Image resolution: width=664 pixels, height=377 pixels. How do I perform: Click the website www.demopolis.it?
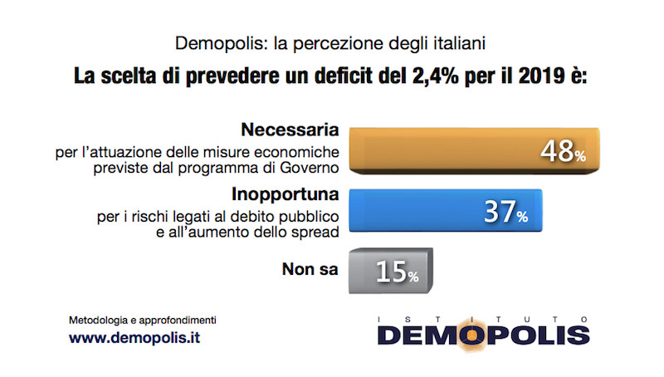[x=134, y=339]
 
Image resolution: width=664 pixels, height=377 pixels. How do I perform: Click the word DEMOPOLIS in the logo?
[x=484, y=335]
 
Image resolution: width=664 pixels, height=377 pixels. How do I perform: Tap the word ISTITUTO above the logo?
[x=484, y=317]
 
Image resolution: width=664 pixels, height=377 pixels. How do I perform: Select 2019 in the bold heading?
[x=540, y=78]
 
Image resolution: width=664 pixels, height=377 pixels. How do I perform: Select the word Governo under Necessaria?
[x=312, y=169]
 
